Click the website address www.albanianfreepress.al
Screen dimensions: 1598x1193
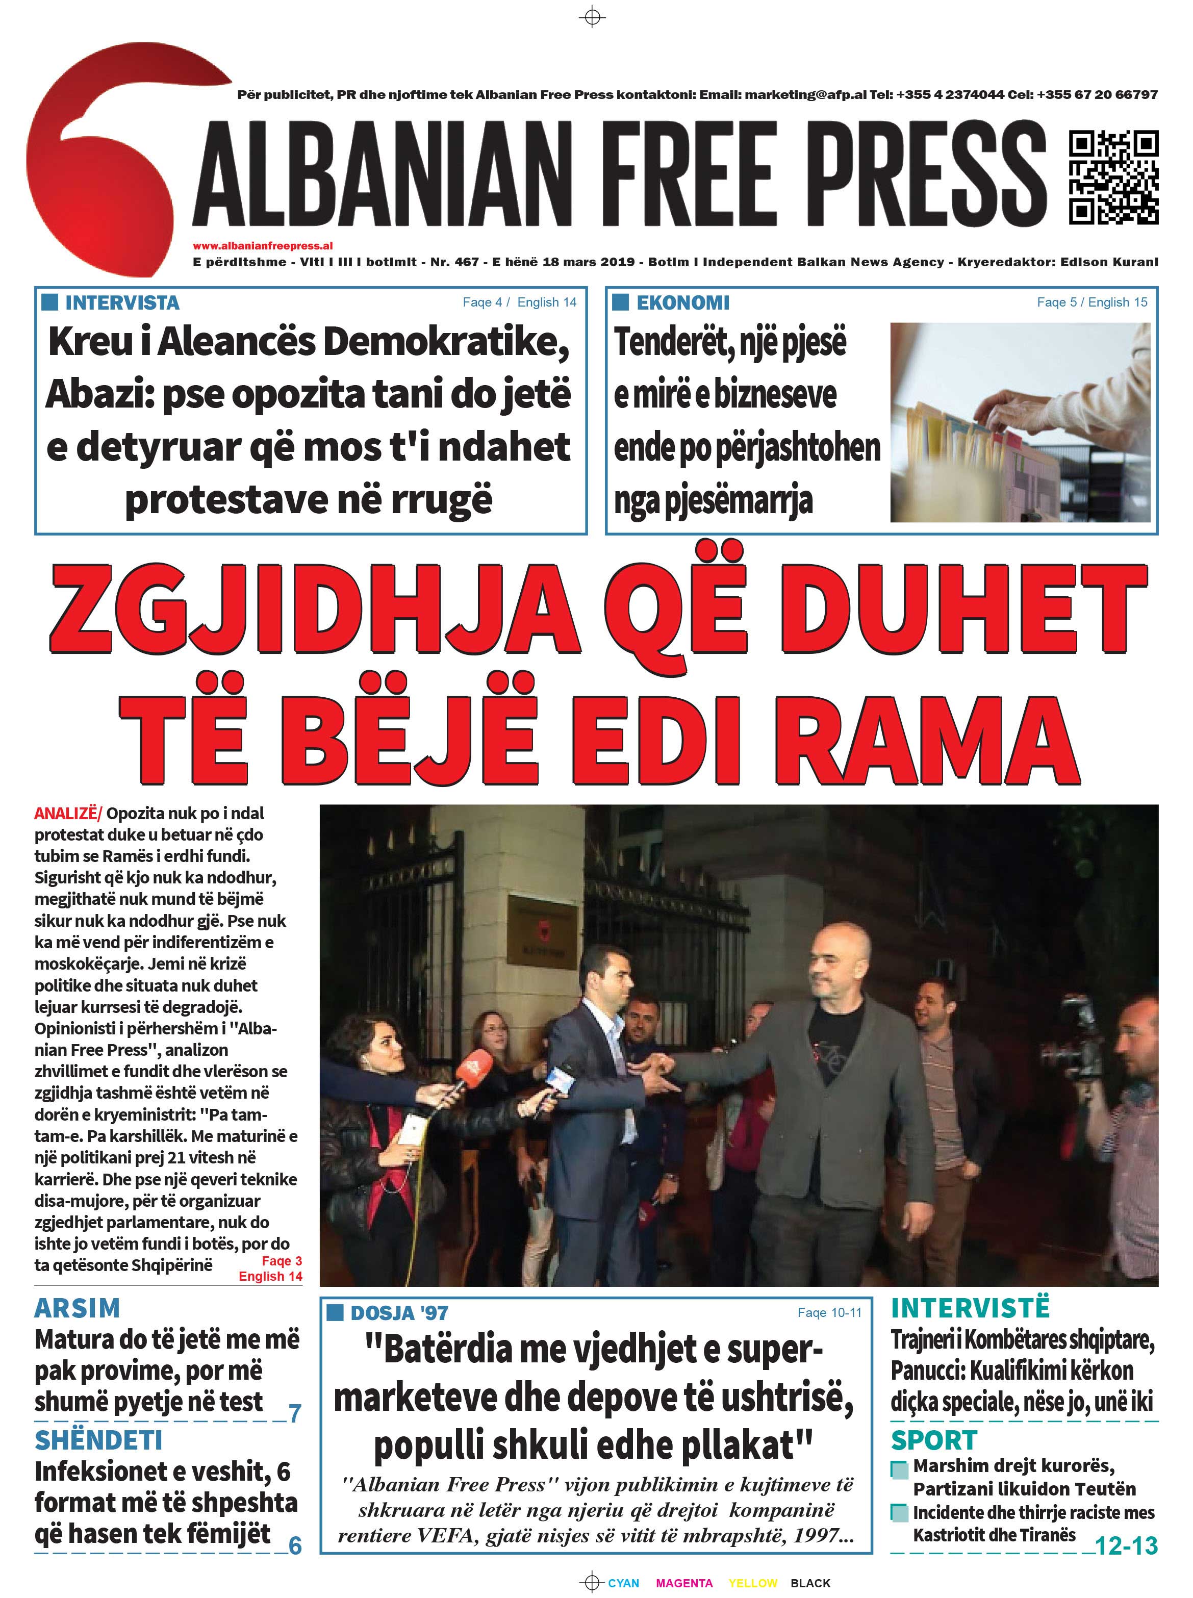coord(262,245)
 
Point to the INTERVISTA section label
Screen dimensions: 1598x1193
coord(121,302)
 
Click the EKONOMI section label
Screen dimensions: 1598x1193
coord(682,302)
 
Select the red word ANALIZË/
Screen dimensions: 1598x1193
coord(68,813)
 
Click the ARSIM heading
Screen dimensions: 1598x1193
coord(77,1308)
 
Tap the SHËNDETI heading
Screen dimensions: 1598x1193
coord(98,1440)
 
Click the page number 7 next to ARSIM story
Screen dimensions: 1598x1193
coord(295,1413)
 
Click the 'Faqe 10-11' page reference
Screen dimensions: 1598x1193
coord(829,1312)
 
